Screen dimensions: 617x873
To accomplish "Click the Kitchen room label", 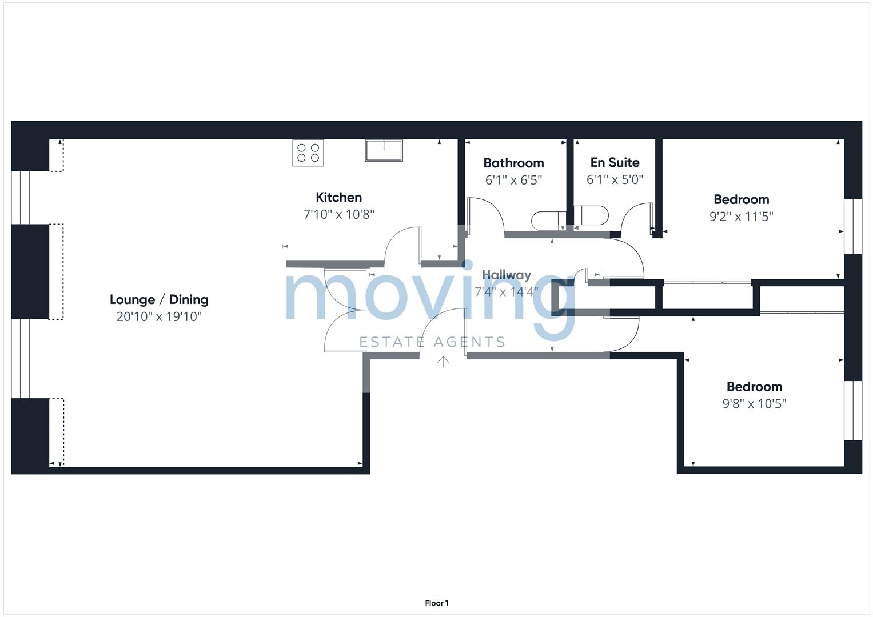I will [338, 198].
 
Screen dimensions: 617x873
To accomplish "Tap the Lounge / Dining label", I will [159, 299].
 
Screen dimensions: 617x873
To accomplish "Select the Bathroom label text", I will [513, 163].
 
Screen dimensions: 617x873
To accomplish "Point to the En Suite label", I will [615, 163].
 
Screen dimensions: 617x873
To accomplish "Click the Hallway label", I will [506, 275].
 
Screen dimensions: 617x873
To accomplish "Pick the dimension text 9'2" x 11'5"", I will [741, 217].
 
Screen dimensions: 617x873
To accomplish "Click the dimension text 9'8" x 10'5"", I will [754, 404].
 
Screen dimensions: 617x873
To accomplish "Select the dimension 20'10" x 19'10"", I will [159, 316].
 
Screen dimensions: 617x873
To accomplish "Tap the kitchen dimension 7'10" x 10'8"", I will [338, 215].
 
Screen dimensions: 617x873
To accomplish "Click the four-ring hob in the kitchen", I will [308, 153].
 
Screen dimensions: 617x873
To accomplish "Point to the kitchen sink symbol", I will [384, 151].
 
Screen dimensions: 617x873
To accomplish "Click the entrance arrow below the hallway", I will [443, 361].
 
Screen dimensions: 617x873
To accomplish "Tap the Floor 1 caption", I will [436, 603].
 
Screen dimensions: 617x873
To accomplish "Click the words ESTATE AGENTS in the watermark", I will [432, 342].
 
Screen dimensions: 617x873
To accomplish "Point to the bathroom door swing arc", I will [487, 214].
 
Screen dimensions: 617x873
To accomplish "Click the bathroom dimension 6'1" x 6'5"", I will [513, 181].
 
